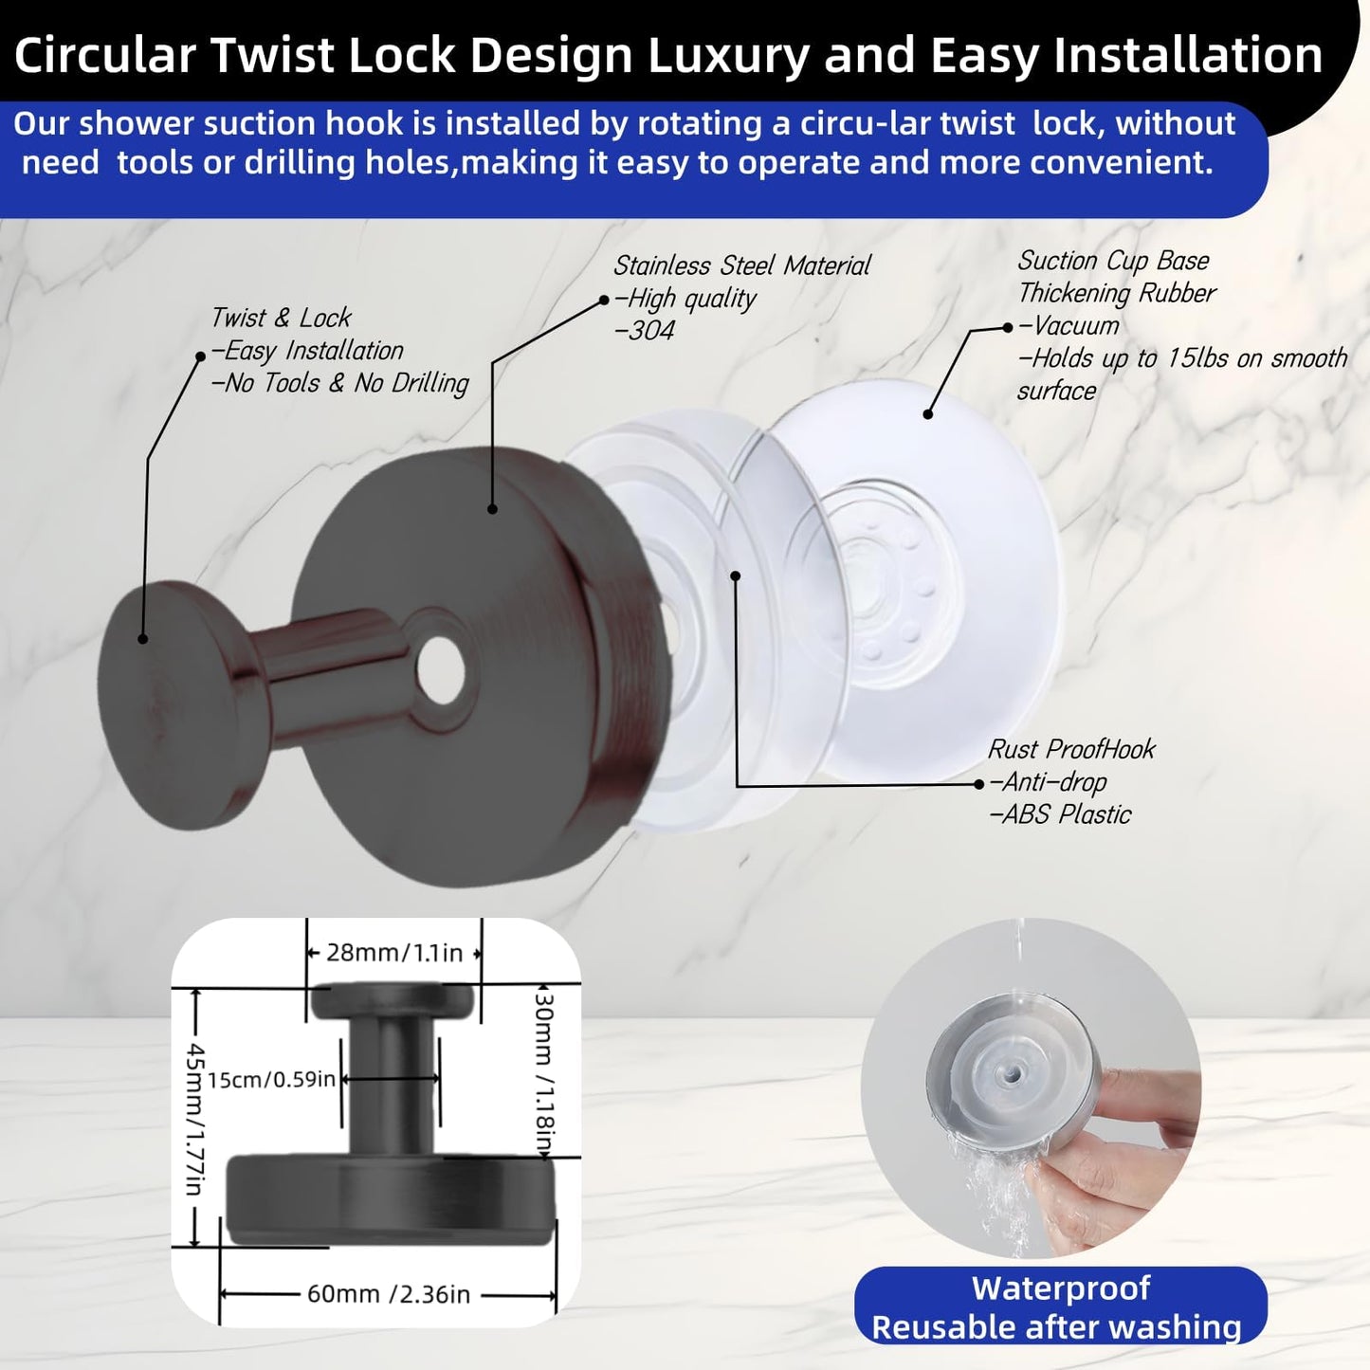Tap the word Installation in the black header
pos(1188,55)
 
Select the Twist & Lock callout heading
pos(281,318)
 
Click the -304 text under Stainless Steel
pos(644,331)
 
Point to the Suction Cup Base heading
pos(1113,261)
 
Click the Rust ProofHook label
pos(1071,749)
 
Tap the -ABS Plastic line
pos(1060,814)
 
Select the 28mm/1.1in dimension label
pos(394,953)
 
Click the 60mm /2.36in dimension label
pos(388,1294)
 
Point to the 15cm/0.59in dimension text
pos(271,1079)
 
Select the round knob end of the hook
pos(154,703)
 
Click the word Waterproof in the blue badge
pos(1061,1288)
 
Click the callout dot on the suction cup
pos(928,414)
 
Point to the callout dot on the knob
pos(143,639)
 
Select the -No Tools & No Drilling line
pos(339,383)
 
